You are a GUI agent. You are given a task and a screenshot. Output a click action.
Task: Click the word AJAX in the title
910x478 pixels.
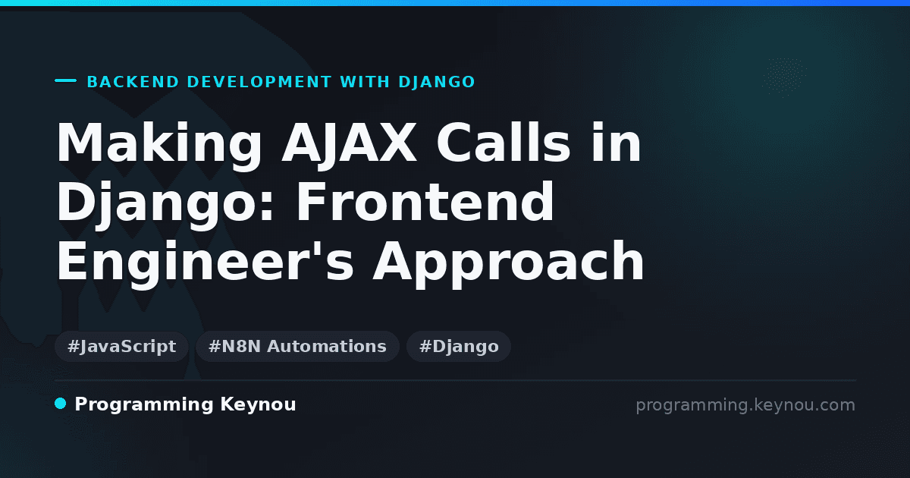tap(350, 143)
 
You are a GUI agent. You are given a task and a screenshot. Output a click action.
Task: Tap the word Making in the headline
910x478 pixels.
tap(159, 145)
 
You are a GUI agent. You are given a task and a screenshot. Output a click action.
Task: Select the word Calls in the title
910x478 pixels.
tap(504, 143)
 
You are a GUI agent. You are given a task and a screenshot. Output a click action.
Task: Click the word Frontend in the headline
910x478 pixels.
tap(425, 201)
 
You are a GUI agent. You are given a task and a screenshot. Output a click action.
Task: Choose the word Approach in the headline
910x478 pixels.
tap(508, 263)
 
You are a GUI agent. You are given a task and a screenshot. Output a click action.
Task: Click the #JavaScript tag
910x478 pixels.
tap(121, 346)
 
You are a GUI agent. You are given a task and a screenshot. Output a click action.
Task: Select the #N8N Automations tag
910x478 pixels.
tap(297, 346)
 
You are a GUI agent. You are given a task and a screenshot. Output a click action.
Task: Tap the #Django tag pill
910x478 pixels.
tap(459, 346)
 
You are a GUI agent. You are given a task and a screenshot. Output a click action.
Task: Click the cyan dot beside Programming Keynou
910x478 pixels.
tap(61, 404)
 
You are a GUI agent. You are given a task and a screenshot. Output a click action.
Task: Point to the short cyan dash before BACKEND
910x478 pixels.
tap(66, 80)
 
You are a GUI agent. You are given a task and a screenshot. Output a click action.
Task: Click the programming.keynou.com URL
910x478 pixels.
tap(745, 405)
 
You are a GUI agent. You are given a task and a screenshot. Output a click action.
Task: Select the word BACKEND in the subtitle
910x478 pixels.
tap(133, 82)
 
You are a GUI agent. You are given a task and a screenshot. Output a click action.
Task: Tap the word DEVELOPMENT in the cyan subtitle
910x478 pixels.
tap(259, 82)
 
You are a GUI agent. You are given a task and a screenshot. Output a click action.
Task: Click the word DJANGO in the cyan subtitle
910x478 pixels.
tap(437, 82)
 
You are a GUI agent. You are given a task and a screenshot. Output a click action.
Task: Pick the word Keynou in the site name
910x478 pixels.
tap(258, 405)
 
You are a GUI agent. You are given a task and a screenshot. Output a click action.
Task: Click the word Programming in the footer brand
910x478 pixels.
tap(144, 405)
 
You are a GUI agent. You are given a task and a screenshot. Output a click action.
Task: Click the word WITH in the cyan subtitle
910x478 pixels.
tap(365, 82)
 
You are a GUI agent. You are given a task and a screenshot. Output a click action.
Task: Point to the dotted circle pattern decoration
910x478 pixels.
tap(784, 77)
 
